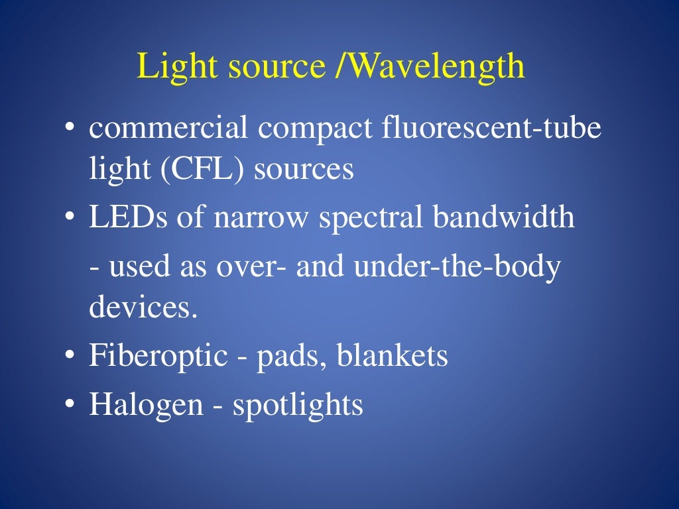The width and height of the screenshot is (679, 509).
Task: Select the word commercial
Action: [169, 128]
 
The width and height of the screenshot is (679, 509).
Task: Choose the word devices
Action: [143, 308]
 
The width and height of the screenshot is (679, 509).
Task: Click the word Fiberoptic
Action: [158, 357]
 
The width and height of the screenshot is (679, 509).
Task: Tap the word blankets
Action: [393, 356]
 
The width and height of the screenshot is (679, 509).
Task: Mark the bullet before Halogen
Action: [70, 404]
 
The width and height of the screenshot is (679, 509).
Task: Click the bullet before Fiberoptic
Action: [70, 356]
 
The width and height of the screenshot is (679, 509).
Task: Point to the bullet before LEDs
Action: [70, 217]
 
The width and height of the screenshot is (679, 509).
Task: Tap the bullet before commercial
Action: [70, 128]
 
